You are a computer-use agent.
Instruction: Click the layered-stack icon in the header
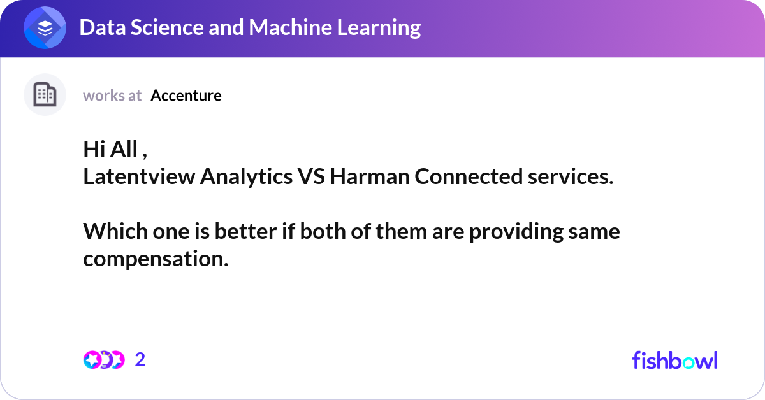coord(45,28)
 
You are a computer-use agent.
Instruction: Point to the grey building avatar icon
coord(45,95)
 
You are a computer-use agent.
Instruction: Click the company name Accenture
coord(186,96)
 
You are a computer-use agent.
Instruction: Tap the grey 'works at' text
coord(112,96)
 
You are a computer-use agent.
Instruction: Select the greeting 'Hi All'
coord(111,149)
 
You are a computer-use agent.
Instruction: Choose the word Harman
coord(370,176)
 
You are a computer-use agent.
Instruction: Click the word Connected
coord(467,176)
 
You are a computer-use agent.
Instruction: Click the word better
coord(245,232)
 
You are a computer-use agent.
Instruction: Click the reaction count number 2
coord(140,360)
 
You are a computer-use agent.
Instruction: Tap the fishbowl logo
coord(674,360)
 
